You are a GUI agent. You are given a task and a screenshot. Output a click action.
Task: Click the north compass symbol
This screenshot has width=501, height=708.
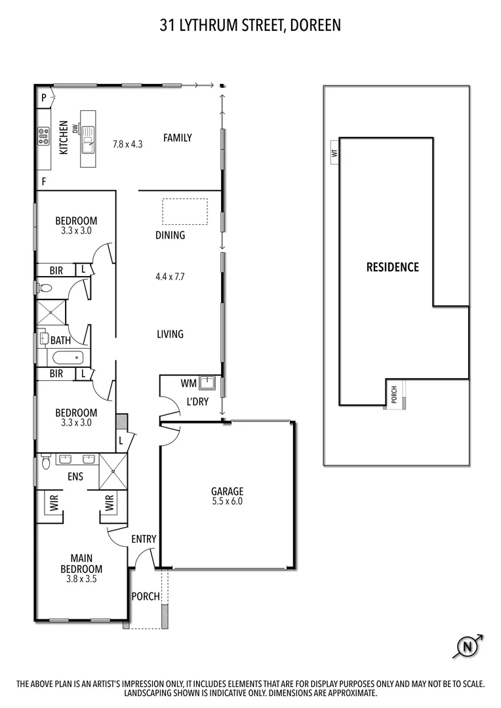coord(468,647)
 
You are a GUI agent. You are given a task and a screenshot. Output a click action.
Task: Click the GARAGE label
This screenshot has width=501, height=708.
coord(227,491)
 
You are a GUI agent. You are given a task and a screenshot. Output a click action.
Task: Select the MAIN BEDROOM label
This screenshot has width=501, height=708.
coord(81,564)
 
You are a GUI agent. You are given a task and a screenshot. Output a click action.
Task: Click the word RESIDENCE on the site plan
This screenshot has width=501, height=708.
coord(392,267)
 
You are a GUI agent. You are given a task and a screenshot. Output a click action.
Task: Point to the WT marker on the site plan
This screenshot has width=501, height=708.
coord(334,153)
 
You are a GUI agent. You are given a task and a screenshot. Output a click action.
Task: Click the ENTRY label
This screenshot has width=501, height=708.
coord(144,539)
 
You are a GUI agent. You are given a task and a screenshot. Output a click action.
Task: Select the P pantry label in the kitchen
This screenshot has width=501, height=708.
coord(44,98)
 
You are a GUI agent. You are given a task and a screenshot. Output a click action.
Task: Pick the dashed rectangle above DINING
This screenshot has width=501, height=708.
coord(185,212)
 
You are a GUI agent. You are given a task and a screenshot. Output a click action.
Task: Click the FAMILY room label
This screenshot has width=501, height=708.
coord(178,138)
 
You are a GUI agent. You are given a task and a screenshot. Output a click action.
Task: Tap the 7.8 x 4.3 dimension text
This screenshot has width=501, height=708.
coord(127,144)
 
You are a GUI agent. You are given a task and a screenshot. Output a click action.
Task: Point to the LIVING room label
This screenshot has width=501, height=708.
coord(170,334)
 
